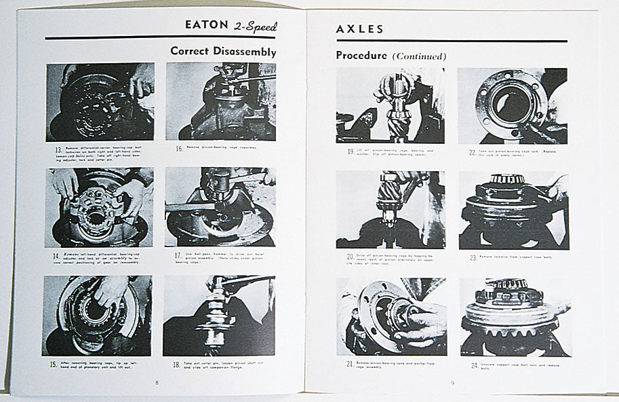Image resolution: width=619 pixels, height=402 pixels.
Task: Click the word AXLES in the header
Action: point(360,29)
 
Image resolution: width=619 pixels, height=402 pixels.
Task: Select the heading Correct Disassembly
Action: point(223,51)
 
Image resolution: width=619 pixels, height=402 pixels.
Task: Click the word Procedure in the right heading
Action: point(361,56)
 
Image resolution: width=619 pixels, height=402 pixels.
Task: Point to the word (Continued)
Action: point(419,56)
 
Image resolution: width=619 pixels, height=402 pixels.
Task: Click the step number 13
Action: point(51,148)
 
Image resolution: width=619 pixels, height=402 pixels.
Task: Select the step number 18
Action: point(176,363)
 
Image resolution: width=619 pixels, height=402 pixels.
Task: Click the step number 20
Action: point(351,257)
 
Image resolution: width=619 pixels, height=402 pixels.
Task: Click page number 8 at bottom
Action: point(157,383)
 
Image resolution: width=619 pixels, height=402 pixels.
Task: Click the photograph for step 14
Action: point(99,208)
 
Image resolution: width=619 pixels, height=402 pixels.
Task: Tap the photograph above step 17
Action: point(220,208)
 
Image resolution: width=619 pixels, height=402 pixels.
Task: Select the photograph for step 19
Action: point(390,105)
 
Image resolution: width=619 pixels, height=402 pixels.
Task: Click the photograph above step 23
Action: point(513,211)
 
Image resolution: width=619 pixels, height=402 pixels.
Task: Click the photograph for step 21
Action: point(391,316)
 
